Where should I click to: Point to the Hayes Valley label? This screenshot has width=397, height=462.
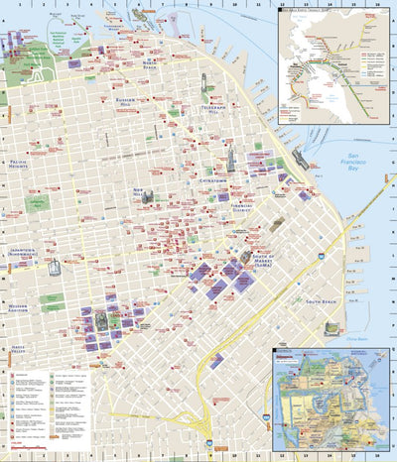pos(17,349)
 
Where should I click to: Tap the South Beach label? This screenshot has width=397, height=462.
pos(323,300)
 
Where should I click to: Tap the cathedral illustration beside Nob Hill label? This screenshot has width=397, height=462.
pos(147,197)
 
